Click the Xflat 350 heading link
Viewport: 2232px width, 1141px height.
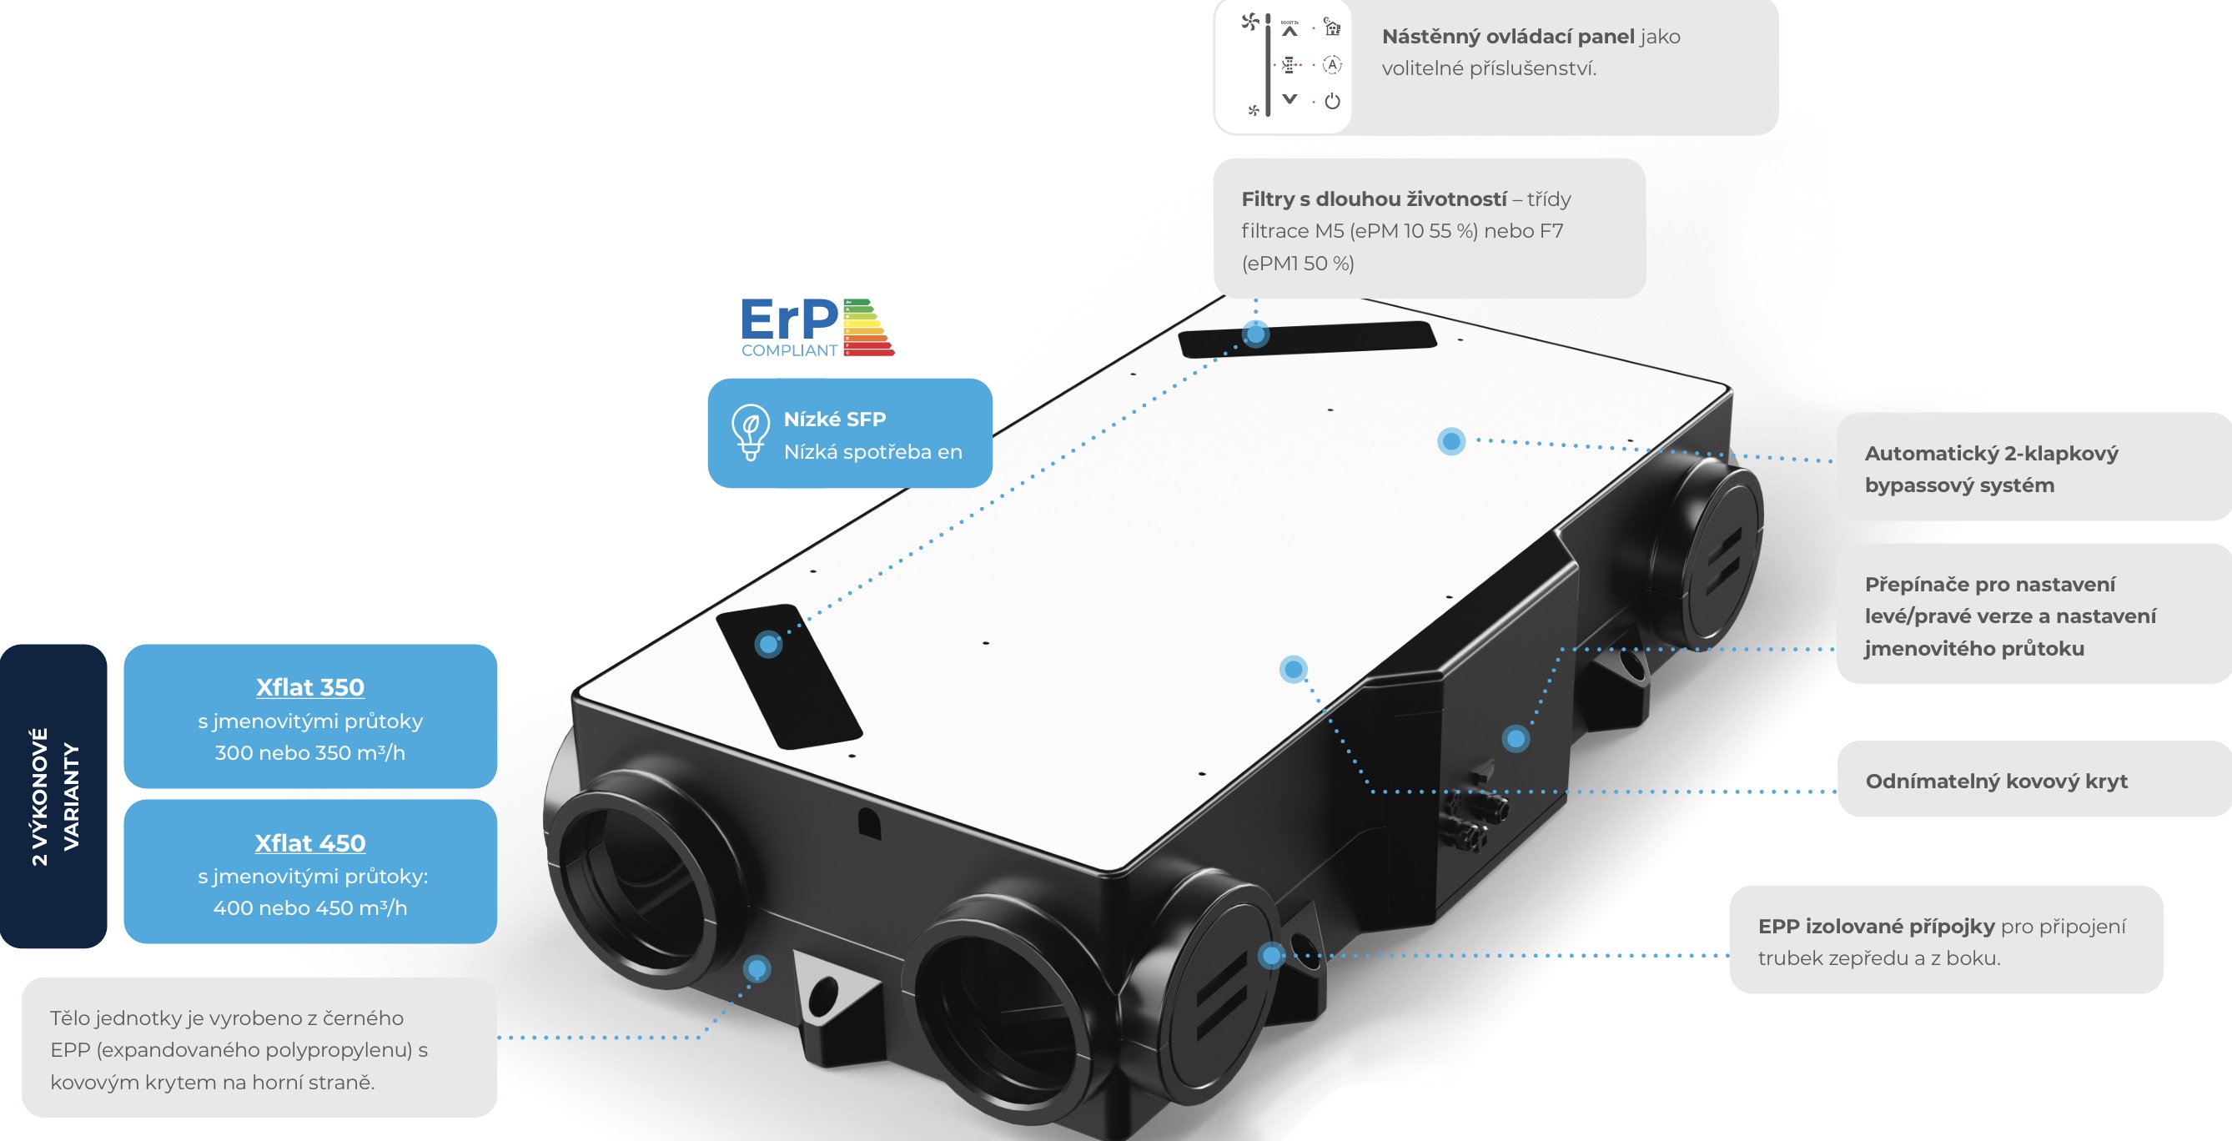pos(309,687)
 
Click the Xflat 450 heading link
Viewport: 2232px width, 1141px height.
pos(309,843)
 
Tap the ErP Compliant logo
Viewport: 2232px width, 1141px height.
pos(817,327)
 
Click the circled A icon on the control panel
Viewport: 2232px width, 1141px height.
pos(1333,65)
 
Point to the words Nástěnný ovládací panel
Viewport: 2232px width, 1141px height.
pos(1508,37)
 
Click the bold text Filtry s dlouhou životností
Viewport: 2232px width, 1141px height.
pos(1374,199)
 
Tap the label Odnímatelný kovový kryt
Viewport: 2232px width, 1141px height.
pos(1995,782)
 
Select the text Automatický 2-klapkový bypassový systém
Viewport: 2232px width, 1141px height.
pos(1990,469)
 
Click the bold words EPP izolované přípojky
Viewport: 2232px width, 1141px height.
pos(1876,926)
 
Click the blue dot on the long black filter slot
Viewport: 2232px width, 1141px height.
pos(1255,334)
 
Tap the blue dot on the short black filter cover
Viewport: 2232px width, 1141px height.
pos(767,644)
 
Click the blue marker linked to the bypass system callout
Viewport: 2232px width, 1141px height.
pos(1451,441)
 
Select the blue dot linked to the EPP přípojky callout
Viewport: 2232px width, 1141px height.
pos(1271,955)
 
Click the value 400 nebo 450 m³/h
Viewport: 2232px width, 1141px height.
pos(309,908)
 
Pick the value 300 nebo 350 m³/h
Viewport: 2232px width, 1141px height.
pos(309,753)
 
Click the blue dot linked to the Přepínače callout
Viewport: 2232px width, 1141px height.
pos(1516,739)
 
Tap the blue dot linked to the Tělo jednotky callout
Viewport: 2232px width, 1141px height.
pos(757,968)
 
